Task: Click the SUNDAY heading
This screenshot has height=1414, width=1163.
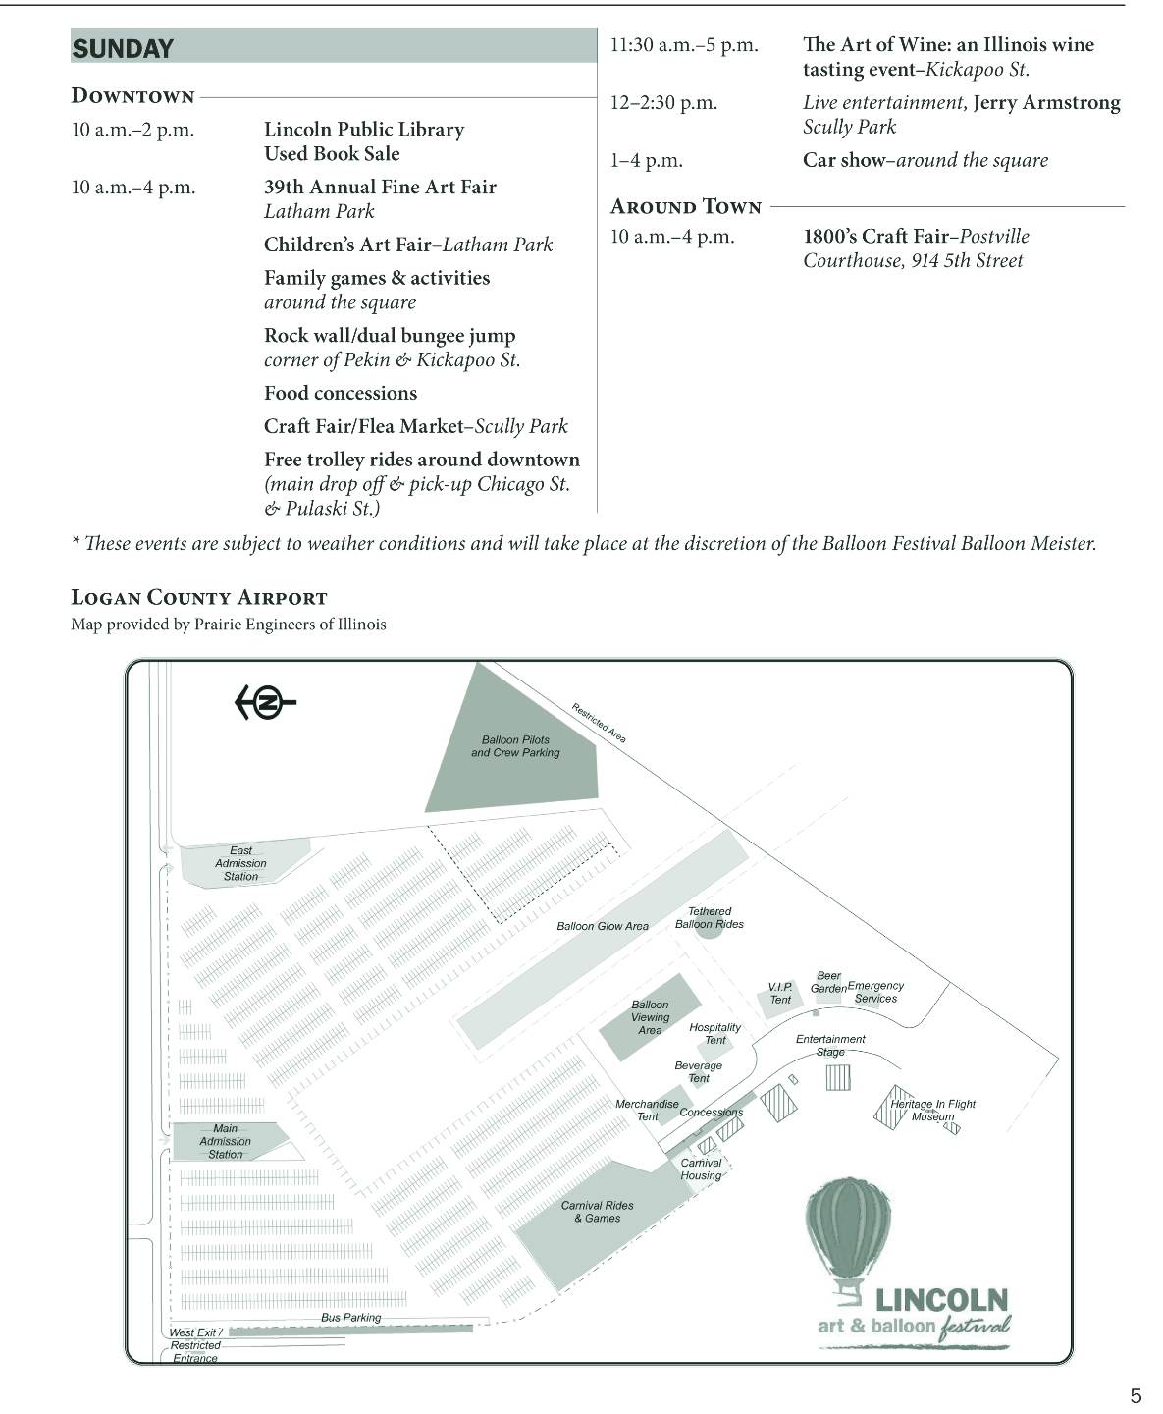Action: click(x=123, y=48)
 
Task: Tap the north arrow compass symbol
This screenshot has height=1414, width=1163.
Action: click(x=265, y=702)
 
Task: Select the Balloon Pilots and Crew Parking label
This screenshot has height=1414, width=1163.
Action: click(x=515, y=746)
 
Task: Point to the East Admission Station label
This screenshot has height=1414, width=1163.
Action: click(x=240, y=863)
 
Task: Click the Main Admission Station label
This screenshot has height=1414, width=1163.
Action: click(x=225, y=1141)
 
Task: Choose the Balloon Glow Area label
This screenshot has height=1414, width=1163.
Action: click(x=603, y=926)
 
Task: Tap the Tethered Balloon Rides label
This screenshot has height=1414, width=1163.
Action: click(x=710, y=918)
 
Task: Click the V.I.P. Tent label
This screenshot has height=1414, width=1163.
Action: click(x=780, y=993)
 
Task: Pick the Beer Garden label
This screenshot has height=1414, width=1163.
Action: click(x=828, y=982)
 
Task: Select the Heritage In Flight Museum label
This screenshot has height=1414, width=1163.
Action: click(x=932, y=1110)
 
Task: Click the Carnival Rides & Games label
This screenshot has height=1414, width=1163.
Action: click(x=597, y=1212)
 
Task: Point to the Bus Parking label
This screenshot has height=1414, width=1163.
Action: click(x=350, y=1318)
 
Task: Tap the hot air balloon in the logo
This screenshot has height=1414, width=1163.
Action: click(x=848, y=1232)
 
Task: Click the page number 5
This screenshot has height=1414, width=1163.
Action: click(x=1136, y=1395)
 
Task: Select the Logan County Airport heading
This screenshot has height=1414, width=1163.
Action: click(x=199, y=597)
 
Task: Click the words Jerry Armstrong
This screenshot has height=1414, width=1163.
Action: click(x=1046, y=102)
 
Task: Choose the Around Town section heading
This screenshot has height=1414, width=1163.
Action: click(x=686, y=206)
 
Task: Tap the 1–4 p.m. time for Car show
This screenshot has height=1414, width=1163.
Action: click(x=646, y=160)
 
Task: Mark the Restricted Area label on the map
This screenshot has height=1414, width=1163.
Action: click(x=599, y=722)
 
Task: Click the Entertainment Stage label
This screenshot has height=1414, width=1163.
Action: click(x=830, y=1045)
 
